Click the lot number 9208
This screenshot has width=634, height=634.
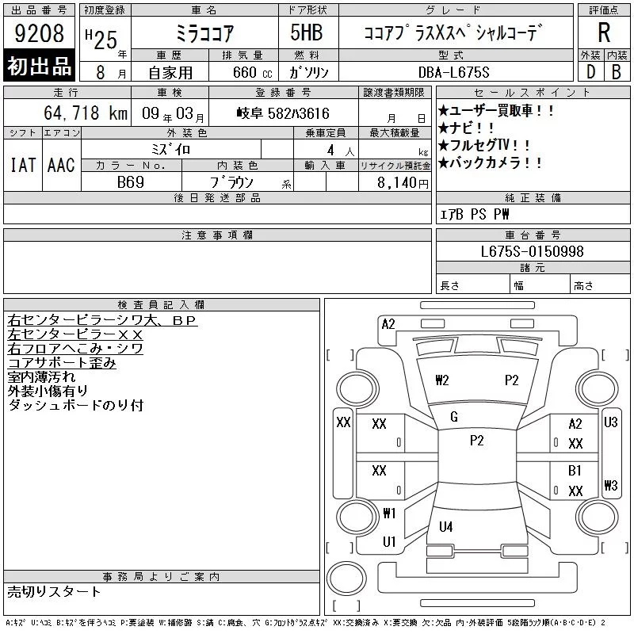pos(39,33)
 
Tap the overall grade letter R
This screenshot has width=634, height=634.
pos(604,32)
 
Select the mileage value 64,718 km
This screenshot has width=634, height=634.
pos(86,113)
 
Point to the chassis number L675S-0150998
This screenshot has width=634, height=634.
pos(532,251)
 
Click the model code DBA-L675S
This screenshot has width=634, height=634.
pos(453,72)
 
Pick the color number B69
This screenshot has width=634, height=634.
pos(131,182)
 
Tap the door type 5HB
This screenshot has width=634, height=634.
pos(307,32)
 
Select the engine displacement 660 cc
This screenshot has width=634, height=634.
pos(252,72)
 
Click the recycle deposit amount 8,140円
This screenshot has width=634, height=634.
pos(403,183)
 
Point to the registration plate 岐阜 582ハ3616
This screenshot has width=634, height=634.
pos(283,113)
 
